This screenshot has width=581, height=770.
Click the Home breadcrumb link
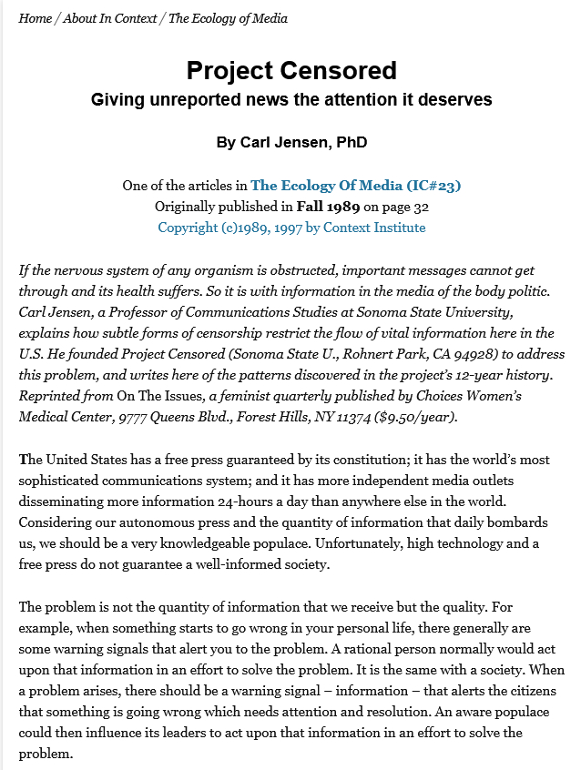pos(36,18)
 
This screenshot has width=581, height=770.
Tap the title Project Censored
pos(291,70)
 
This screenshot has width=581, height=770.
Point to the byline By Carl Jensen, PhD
pos(291,143)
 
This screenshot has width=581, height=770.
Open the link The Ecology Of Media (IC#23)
pos(355,186)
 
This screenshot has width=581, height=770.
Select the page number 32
pos(421,207)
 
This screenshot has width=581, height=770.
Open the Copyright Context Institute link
pos(291,228)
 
